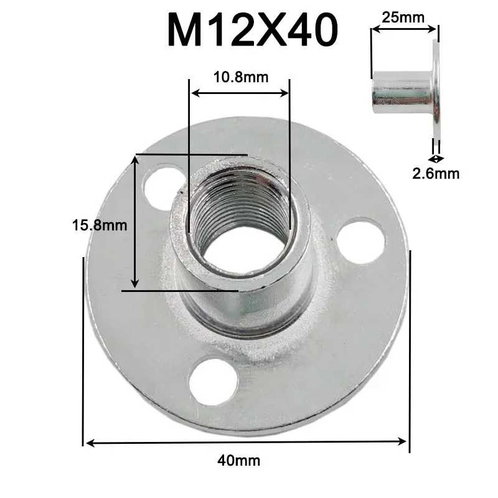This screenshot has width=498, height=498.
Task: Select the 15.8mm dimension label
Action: click(x=100, y=224)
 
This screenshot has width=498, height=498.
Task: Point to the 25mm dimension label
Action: click(x=400, y=17)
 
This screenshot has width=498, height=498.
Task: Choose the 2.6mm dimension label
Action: click(x=436, y=174)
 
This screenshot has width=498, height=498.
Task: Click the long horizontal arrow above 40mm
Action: click(x=246, y=443)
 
